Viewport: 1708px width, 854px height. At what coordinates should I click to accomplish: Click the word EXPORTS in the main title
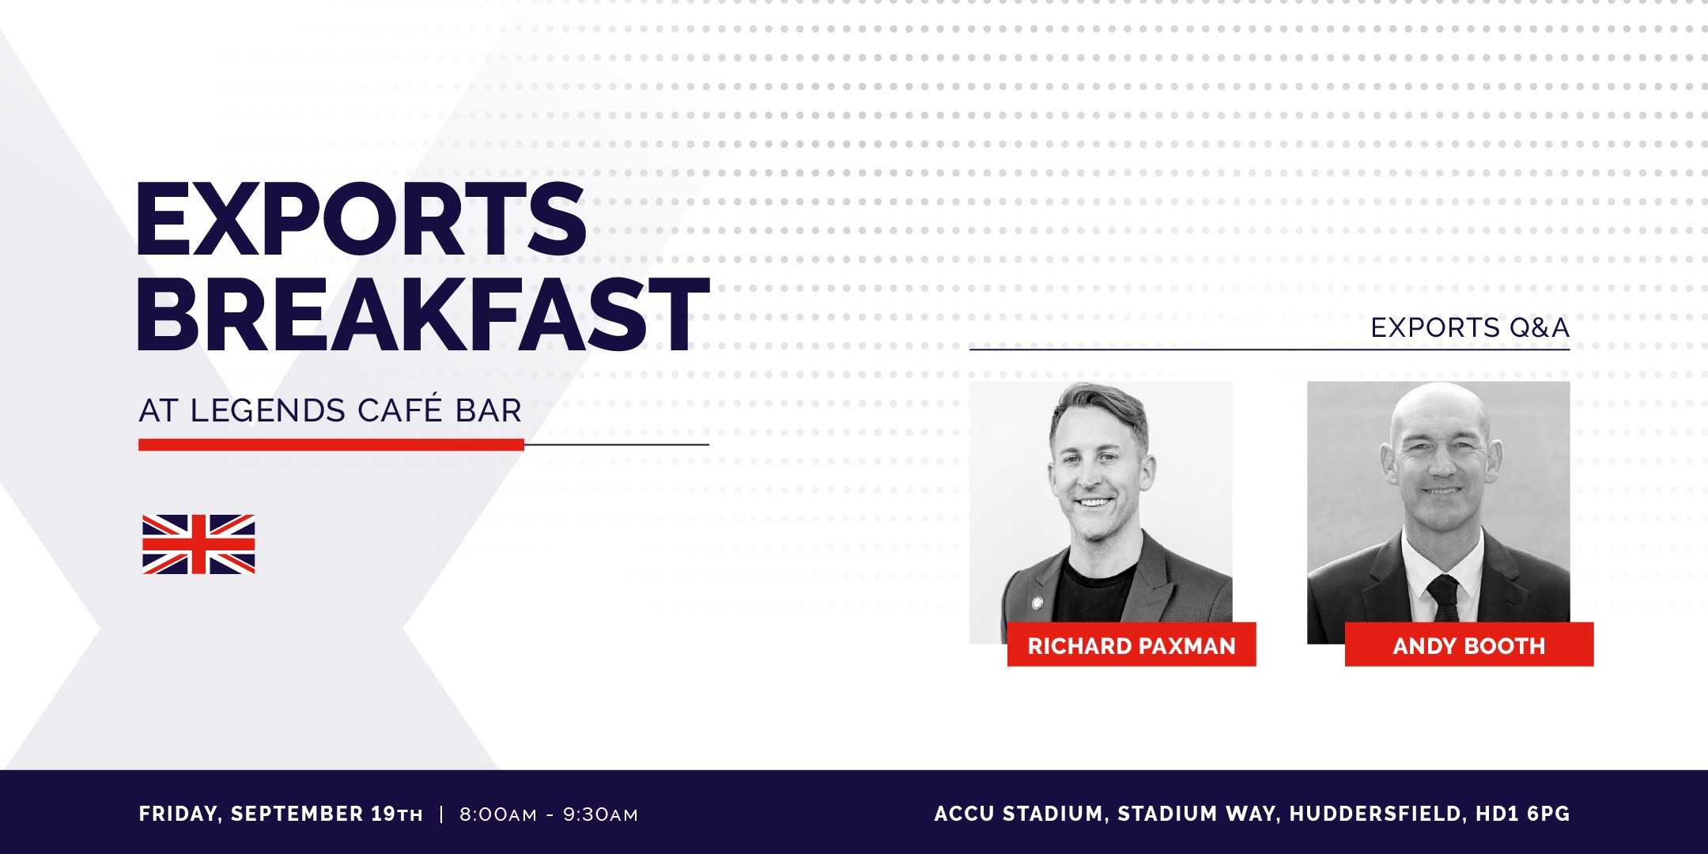point(361,218)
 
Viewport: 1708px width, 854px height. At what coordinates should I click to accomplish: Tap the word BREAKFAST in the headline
point(423,314)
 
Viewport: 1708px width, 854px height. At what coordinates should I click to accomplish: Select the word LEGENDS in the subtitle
point(268,411)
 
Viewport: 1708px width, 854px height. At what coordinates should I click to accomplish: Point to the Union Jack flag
point(198,544)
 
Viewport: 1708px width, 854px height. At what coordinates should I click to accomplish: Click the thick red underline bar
point(331,445)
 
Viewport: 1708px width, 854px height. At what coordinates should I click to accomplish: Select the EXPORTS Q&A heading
point(1470,327)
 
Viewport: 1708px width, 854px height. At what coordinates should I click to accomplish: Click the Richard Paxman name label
point(1132,645)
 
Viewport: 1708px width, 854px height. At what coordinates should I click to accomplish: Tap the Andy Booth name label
point(1469,645)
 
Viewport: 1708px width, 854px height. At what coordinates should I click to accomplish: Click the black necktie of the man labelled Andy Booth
point(1445,598)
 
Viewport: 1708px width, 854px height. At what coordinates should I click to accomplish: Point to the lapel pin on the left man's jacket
point(1037,603)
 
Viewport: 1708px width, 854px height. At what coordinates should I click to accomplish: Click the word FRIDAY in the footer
point(179,814)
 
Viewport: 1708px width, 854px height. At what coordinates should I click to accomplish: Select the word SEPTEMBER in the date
point(297,814)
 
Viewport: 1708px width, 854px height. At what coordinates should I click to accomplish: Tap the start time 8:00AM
point(498,814)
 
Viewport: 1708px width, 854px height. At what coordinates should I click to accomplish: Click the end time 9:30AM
point(600,814)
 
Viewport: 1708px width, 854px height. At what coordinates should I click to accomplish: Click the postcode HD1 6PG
point(1523,814)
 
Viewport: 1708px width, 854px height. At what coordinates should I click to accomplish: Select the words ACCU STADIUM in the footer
point(1020,814)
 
